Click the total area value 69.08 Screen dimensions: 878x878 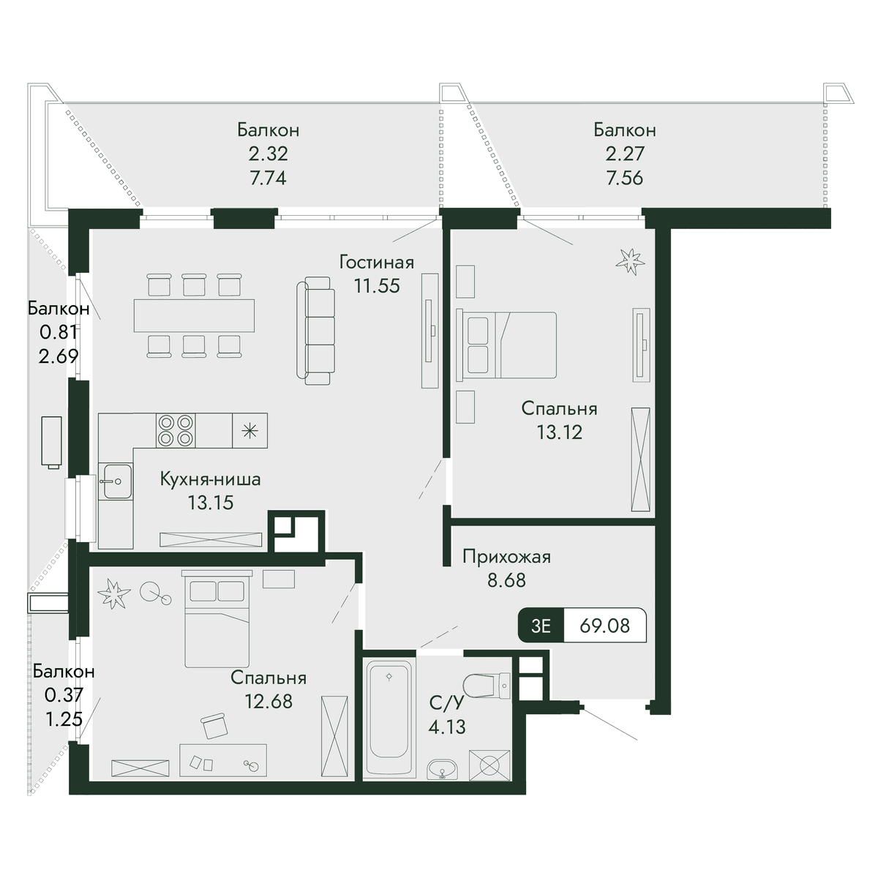(604, 626)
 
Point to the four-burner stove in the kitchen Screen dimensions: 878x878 (176, 430)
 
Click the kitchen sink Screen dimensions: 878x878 (116, 481)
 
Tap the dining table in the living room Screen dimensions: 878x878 (194, 315)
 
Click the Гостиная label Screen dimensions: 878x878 (376, 263)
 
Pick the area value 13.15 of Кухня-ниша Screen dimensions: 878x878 (211, 503)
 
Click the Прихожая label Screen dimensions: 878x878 (506, 557)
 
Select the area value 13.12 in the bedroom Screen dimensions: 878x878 (559, 432)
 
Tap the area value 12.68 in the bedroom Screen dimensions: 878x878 (269, 701)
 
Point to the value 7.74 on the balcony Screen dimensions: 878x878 (268, 178)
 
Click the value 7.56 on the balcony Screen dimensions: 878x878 (624, 178)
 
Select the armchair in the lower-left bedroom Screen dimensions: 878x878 (214, 726)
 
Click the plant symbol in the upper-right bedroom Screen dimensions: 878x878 (630, 261)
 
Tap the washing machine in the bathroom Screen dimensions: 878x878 (489, 765)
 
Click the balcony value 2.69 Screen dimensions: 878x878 (59, 356)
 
